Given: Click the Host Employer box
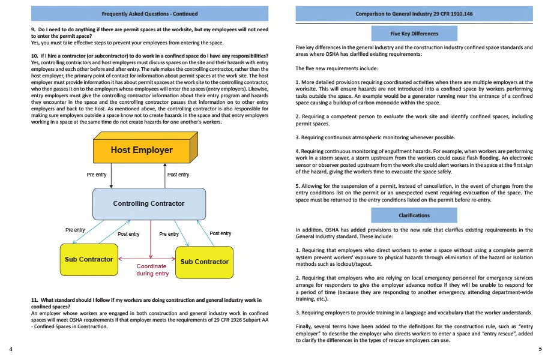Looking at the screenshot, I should (142, 150).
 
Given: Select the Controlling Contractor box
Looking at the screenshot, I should (149, 203).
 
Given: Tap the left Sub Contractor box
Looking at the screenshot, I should (89, 259).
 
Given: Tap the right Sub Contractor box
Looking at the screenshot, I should (204, 262).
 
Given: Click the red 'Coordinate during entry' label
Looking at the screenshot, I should (152, 270).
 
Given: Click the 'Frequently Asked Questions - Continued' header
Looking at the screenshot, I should (149, 13).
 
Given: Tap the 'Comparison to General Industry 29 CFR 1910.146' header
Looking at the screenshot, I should (414, 13).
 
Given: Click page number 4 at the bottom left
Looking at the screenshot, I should (11, 349).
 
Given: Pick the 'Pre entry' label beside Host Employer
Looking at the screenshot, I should (97, 175).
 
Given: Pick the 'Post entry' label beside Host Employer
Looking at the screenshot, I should (178, 175).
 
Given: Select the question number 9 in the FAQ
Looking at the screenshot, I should (34, 29).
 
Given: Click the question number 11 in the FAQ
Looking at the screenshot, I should (35, 299).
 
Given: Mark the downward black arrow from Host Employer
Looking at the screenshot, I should (112, 178).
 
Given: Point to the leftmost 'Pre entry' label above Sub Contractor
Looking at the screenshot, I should (75, 230).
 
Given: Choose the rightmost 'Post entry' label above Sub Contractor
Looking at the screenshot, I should (220, 233).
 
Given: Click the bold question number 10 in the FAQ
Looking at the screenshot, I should (35, 56).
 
